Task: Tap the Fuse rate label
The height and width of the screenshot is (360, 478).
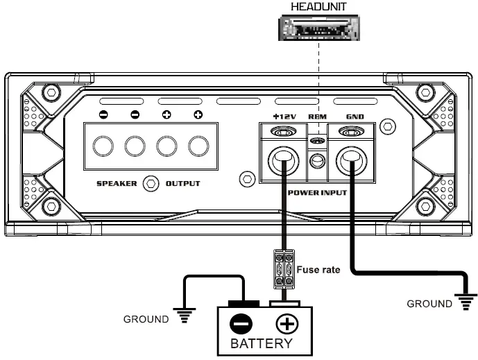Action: (x=318, y=269)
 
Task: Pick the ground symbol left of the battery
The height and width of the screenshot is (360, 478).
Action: (x=184, y=317)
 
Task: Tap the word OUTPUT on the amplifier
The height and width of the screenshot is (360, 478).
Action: (x=182, y=184)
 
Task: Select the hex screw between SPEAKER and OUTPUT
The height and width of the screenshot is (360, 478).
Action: (x=148, y=184)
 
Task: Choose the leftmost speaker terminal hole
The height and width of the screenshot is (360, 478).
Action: (x=103, y=146)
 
